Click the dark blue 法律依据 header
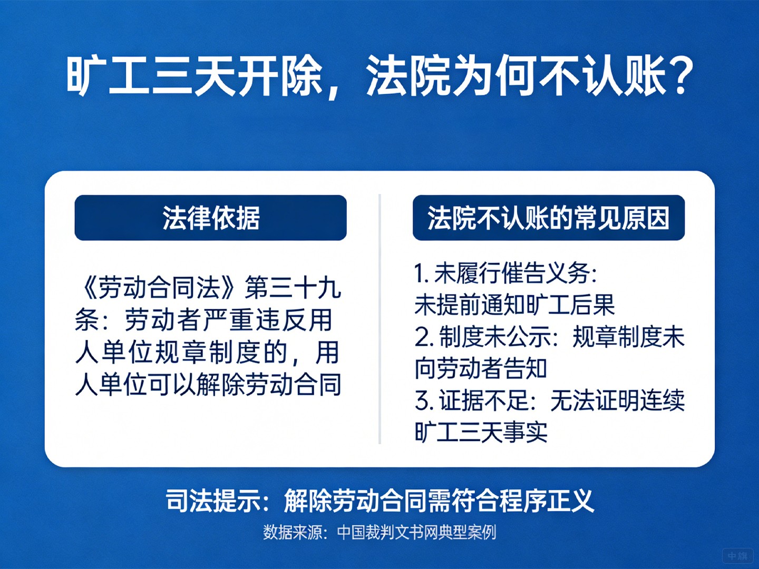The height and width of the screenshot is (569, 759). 211,218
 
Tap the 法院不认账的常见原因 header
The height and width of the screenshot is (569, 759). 548,218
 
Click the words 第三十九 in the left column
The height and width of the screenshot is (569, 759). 293,288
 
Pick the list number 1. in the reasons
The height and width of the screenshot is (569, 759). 421,273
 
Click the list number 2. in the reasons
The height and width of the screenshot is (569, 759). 424,337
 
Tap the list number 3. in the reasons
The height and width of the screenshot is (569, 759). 424,401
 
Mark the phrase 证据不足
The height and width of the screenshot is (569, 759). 484,401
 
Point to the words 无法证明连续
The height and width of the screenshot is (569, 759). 617,401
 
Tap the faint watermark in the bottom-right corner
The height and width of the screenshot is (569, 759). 737,556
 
